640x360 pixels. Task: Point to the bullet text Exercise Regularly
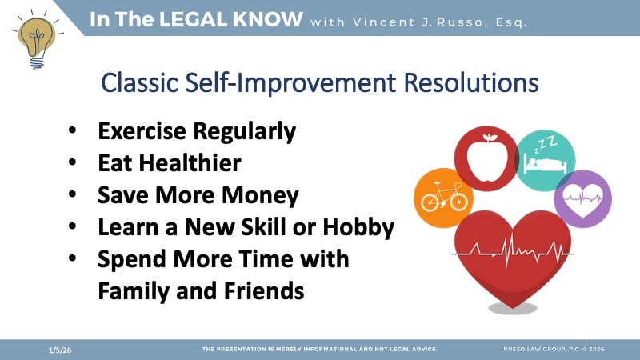(x=197, y=130)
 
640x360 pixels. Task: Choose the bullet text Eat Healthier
(x=169, y=163)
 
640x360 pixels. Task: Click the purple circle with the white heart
(x=582, y=199)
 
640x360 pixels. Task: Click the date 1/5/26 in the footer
(x=58, y=350)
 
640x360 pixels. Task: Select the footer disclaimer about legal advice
(x=319, y=350)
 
